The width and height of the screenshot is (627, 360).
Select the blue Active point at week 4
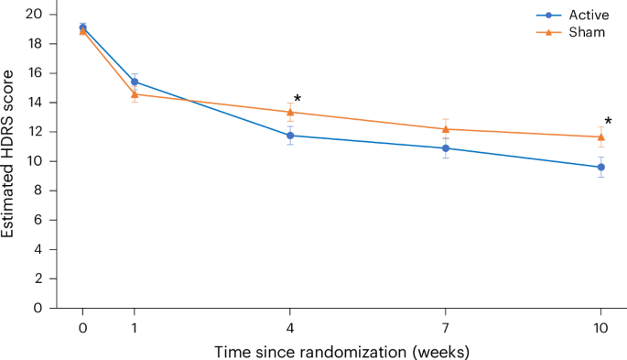coord(290,136)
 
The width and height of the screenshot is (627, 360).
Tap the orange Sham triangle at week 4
coord(290,112)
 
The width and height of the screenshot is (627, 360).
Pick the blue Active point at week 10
coord(601,167)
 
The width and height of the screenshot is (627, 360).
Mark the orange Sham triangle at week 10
coord(601,136)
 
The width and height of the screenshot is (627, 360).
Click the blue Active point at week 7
coord(446,147)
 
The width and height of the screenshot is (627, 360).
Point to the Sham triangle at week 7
coord(446,128)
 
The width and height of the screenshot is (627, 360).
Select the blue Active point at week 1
coord(135,82)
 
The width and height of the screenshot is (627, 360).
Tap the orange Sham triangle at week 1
coord(135,93)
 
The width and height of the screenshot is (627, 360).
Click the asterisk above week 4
coord(297,99)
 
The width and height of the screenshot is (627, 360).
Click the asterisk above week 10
coord(609,121)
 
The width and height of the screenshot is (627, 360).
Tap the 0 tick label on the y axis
coord(38,308)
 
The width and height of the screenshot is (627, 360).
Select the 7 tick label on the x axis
coord(446,327)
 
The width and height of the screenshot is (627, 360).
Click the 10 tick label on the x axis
coord(601,327)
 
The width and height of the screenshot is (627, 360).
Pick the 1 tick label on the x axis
coord(135,327)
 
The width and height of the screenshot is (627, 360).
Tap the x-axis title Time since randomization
coord(341,351)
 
